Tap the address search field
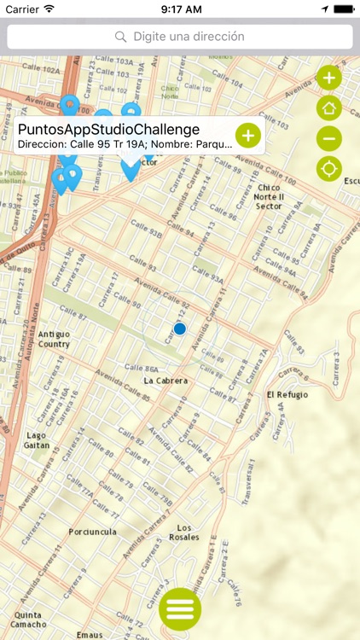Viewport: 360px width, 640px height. point(180,37)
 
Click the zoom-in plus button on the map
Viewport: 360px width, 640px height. point(329,78)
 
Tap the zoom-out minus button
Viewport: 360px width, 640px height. point(329,138)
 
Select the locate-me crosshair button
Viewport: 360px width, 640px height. point(329,169)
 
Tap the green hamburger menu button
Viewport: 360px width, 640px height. point(180,609)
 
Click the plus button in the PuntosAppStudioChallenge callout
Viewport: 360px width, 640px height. point(247,135)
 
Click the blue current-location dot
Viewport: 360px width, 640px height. point(180,329)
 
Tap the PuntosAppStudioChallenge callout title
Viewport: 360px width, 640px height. point(108,129)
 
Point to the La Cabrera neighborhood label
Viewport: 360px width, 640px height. point(165,381)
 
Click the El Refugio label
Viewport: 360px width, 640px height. point(287,395)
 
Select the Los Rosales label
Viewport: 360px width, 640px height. point(183,532)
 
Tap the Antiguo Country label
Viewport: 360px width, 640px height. point(54,339)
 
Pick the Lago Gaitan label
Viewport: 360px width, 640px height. point(37,439)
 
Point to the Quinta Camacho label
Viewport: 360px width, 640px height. point(28,619)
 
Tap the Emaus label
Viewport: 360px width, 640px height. point(89,634)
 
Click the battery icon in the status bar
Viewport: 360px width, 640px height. point(344,9)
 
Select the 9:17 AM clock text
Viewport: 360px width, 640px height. point(180,9)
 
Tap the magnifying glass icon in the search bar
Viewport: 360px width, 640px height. point(121,37)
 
